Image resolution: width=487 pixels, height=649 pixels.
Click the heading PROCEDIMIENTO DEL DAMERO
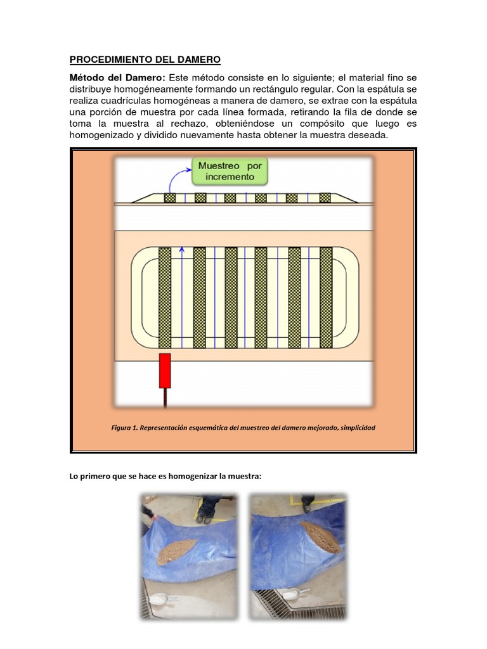(x=145, y=60)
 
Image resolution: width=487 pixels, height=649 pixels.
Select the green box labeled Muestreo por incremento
(x=230, y=171)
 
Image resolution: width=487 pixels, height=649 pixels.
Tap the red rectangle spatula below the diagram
(x=165, y=370)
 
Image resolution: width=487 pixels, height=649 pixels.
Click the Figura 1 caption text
(x=243, y=428)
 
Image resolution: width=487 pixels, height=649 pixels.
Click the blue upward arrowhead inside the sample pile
(x=182, y=250)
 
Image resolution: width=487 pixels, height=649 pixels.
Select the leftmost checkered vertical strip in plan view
(x=165, y=298)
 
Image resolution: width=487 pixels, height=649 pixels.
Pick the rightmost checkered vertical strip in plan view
(x=327, y=298)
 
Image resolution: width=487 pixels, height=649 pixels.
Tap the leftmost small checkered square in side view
(x=170, y=198)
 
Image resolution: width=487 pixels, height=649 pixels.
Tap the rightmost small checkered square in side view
(x=325, y=198)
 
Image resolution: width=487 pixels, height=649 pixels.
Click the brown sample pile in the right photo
(x=321, y=536)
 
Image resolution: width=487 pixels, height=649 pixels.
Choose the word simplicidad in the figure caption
(x=358, y=428)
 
